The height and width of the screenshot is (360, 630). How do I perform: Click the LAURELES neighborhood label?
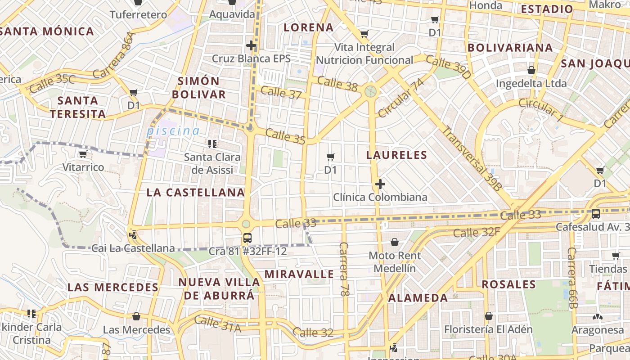(x=396, y=155)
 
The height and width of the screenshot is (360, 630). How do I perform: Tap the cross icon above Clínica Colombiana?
(x=380, y=184)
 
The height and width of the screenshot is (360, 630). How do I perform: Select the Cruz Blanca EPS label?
(x=251, y=58)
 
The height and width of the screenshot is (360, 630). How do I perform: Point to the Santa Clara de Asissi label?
(x=212, y=164)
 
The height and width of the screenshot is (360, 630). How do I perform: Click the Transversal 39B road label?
(x=472, y=158)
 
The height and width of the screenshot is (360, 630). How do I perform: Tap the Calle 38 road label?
(x=337, y=83)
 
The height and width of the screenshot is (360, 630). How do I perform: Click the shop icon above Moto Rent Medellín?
(x=395, y=242)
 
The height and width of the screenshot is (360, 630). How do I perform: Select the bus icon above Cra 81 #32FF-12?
(x=247, y=238)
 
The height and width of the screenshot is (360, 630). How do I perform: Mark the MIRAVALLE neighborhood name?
(x=299, y=274)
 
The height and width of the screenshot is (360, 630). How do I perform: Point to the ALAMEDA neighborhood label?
(x=418, y=298)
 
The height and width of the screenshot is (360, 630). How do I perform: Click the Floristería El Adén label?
(x=488, y=329)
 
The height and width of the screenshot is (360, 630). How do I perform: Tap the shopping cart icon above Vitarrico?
(x=83, y=154)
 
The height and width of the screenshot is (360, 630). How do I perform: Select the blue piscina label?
(x=173, y=131)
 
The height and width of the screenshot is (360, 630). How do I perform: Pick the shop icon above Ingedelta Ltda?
(x=531, y=70)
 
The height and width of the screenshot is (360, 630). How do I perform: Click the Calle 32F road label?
(x=477, y=233)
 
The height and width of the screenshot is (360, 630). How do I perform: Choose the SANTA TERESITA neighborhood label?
(x=78, y=107)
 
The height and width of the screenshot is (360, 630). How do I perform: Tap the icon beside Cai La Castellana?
(x=133, y=234)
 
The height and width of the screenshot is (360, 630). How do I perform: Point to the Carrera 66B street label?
(x=572, y=278)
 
